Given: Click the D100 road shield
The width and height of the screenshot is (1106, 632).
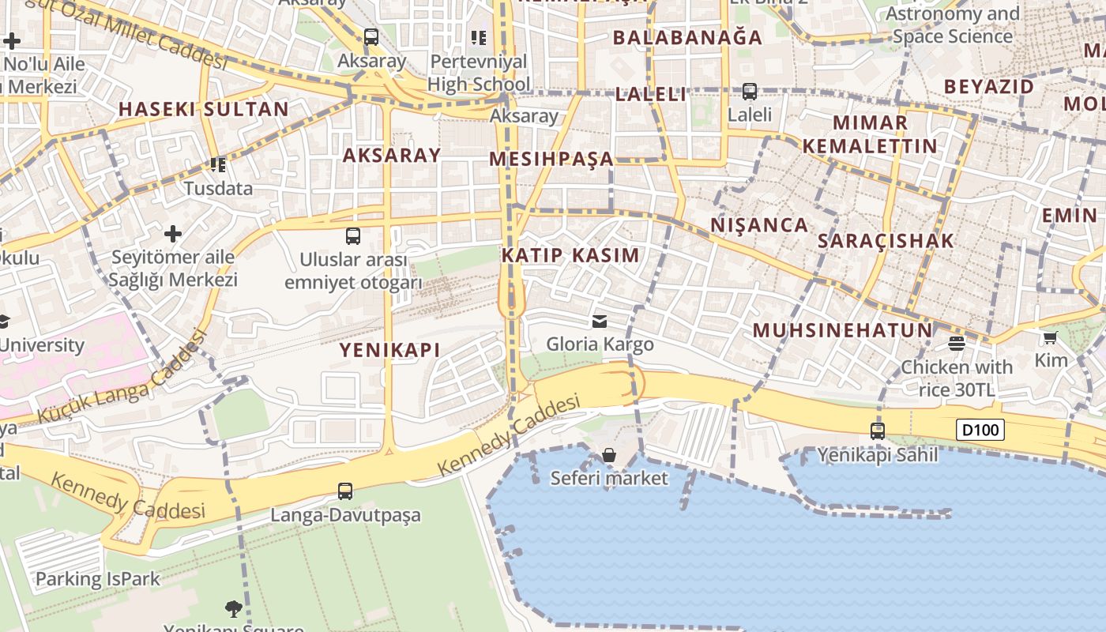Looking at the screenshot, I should point(980,431).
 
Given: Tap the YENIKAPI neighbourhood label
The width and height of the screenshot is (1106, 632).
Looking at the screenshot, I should point(389,350).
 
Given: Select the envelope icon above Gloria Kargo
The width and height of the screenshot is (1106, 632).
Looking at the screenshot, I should point(600,322).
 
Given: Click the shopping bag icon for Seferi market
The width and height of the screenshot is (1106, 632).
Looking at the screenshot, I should point(609,456).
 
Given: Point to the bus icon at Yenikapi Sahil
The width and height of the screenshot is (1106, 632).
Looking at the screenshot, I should point(878,431).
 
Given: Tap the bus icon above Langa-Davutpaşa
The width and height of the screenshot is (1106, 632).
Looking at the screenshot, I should point(345,491).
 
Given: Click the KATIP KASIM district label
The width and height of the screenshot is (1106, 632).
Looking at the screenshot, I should point(570,255).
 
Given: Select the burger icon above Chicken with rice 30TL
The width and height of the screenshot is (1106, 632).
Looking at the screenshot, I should point(957,344).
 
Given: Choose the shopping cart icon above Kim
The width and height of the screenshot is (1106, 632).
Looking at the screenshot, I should point(1050,338).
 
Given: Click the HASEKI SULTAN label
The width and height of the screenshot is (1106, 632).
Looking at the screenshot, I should point(204,109).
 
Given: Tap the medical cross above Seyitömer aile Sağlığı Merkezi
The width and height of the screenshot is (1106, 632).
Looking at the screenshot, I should point(173,234).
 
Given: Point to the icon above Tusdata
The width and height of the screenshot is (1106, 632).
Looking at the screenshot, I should point(218,165).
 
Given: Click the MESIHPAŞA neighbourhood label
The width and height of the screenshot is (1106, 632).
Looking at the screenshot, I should point(551,159).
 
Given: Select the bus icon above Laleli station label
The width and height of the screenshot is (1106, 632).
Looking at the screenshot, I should point(750,92).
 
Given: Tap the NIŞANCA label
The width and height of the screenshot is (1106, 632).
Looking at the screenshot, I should point(759,225).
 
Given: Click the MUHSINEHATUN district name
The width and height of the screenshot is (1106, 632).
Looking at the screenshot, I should point(842,330).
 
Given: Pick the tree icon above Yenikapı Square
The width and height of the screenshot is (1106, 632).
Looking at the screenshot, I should point(233,608).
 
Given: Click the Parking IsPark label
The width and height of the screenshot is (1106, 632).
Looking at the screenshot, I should point(97,579).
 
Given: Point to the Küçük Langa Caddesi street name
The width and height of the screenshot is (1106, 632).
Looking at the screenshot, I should point(122,378).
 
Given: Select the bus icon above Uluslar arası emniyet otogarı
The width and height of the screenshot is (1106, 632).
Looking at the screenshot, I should point(353,236).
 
